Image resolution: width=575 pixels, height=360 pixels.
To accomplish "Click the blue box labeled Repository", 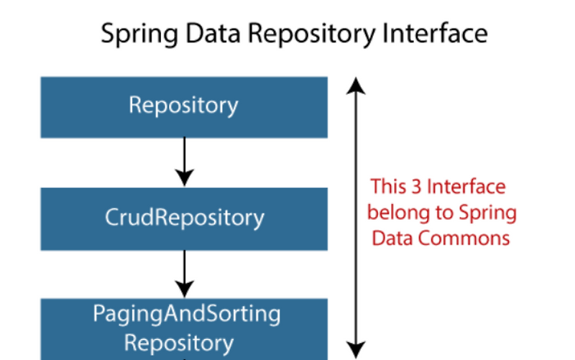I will (x=184, y=106).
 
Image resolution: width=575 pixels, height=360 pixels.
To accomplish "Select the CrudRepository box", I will (x=184, y=218).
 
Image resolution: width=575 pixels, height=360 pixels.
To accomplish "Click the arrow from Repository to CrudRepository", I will (x=185, y=161).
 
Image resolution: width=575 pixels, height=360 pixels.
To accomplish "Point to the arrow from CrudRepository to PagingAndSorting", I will (x=185, y=272).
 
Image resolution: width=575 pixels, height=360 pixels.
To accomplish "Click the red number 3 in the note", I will (x=415, y=188).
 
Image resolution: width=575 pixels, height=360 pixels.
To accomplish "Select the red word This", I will (x=388, y=188).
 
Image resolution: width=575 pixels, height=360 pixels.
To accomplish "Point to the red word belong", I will (x=392, y=213).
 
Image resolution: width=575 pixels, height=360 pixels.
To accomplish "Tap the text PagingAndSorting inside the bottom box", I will (x=186, y=315).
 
